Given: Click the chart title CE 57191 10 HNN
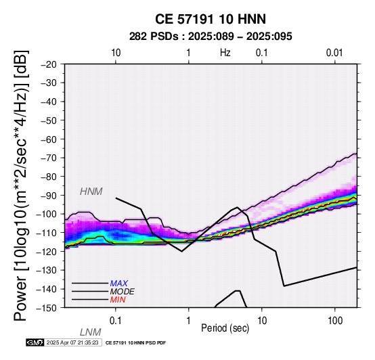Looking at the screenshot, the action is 211,19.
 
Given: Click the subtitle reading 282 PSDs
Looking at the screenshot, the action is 154,37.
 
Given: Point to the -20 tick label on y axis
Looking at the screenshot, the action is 49,64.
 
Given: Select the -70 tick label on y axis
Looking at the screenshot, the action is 49,158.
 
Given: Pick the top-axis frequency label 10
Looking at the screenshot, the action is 116,53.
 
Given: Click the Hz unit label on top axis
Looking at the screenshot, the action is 225,53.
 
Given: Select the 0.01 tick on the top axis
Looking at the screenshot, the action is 334,53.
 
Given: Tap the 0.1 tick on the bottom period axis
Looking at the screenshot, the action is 116,321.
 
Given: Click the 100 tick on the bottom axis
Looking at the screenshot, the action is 335,321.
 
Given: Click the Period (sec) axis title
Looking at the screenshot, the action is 225,328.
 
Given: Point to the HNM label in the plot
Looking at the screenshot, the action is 91,192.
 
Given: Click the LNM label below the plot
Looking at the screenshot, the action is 91,332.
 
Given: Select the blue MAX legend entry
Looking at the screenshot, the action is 119,284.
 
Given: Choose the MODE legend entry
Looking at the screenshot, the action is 123,292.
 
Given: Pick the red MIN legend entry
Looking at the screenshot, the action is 118,300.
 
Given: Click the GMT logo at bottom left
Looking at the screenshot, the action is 35,342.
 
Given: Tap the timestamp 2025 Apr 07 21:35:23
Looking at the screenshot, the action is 72,342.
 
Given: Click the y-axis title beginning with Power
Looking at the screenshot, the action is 21,185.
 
